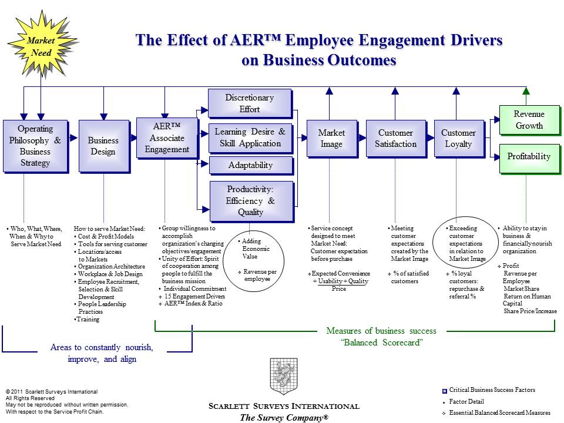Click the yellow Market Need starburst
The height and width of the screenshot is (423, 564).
click(x=40, y=46)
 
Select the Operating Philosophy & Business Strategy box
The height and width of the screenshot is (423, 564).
click(x=35, y=146)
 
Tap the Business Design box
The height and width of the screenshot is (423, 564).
click(x=103, y=146)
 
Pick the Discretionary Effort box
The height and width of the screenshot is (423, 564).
click(x=250, y=103)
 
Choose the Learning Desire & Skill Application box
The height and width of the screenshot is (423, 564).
click(x=250, y=138)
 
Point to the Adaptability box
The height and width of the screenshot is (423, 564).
click(x=250, y=165)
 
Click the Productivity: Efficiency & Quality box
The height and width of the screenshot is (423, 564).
click(x=250, y=200)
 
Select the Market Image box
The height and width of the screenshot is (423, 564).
click(x=331, y=139)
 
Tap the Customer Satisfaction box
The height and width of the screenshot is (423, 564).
click(x=395, y=139)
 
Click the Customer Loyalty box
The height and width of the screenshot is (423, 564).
click(x=458, y=139)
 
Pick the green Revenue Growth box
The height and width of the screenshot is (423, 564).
click(x=529, y=120)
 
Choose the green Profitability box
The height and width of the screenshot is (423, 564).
click(x=529, y=157)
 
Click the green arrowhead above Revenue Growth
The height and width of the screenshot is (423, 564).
click(x=526, y=91)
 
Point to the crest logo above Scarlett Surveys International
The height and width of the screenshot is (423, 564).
click(x=284, y=377)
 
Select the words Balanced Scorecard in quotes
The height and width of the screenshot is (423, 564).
click(x=382, y=343)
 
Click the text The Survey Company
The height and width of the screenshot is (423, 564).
click(x=284, y=417)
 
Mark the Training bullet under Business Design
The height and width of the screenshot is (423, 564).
click(x=88, y=320)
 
